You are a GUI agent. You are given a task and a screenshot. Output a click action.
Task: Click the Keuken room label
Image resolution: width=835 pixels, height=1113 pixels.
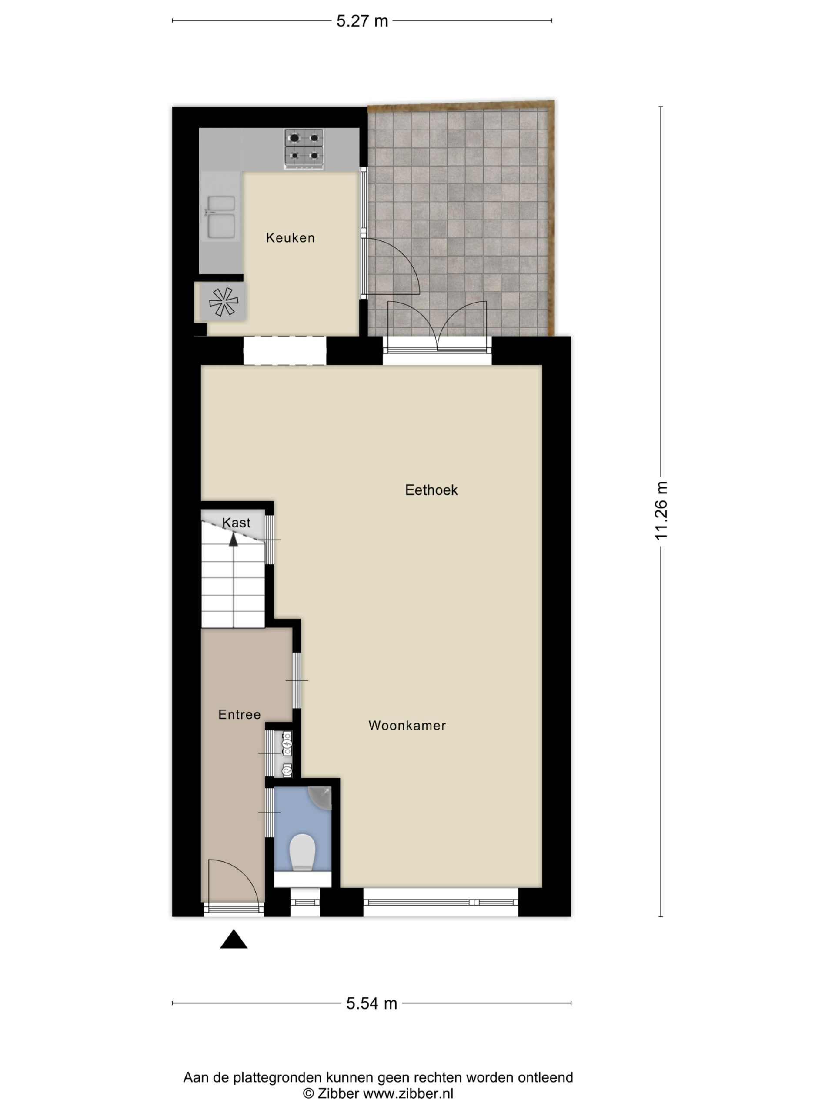click(290, 237)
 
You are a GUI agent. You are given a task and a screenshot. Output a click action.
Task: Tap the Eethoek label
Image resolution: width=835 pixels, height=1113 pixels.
click(431, 490)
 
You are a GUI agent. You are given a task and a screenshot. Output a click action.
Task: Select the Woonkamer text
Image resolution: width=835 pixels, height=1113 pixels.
click(407, 725)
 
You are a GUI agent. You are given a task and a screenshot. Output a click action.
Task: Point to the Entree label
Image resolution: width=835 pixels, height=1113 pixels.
click(239, 714)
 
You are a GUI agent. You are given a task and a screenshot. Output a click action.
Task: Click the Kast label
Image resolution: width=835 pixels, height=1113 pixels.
click(236, 523)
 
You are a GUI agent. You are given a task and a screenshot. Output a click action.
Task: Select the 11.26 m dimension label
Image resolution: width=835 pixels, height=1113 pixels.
click(661, 511)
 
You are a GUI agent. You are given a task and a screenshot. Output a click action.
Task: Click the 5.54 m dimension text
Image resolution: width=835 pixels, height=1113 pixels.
click(371, 1003)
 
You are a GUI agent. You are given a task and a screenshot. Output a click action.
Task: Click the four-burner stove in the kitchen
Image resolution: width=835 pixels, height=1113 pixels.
click(304, 149)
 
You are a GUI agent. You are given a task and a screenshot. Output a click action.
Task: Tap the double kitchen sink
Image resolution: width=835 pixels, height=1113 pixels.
click(220, 217)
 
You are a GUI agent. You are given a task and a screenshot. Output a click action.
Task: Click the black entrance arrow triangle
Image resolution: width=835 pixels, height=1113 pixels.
click(234, 939)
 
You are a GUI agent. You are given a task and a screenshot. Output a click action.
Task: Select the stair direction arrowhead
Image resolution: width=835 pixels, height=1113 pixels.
click(233, 540)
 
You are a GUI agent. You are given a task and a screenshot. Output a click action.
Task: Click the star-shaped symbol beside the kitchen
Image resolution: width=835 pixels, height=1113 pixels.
click(223, 301)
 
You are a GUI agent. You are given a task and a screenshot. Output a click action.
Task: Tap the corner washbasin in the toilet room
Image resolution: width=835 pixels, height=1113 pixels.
click(320, 798)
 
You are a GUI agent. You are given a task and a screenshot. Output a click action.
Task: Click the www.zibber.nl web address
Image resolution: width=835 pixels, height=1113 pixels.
click(408, 1093)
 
